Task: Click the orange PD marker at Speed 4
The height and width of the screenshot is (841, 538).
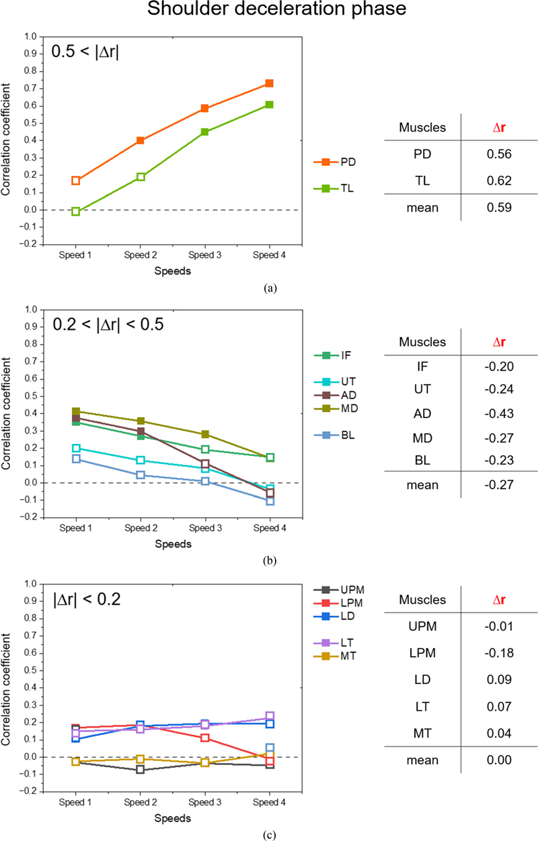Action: pyautogui.click(x=269, y=83)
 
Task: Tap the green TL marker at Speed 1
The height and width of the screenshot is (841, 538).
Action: pyautogui.click(x=76, y=212)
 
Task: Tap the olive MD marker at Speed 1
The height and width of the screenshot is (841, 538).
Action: pyautogui.click(x=76, y=411)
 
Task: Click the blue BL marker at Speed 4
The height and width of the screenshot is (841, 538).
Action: pyautogui.click(x=269, y=500)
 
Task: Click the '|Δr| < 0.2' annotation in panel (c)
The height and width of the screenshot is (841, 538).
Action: pyautogui.click(x=87, y=599)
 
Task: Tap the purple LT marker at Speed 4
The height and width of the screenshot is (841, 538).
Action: pyautogui.click(x=269, y=717)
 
